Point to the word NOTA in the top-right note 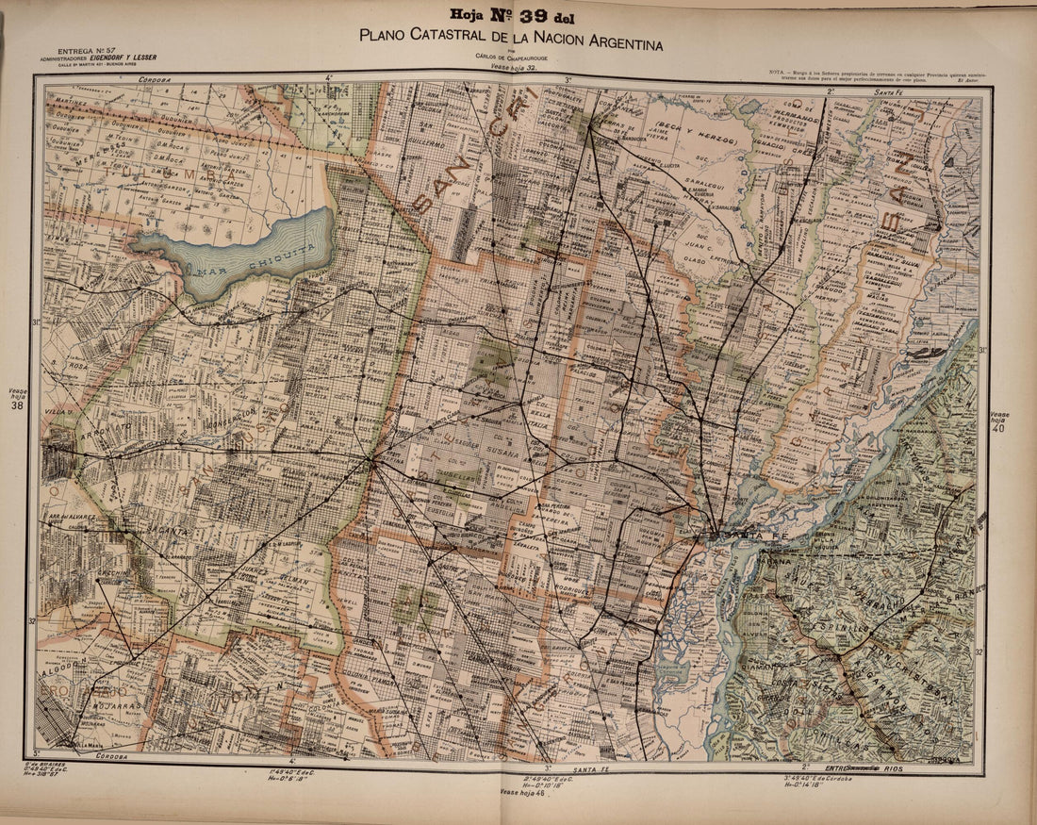click(x=779, y=73)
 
